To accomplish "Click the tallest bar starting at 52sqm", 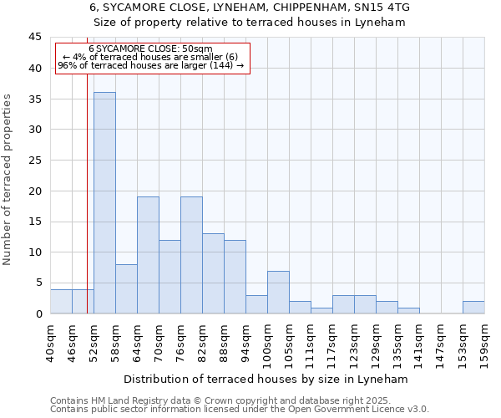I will pyautogui.click(x=104, y=202).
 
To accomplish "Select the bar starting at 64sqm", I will pyautogui.click(x=148, y=255).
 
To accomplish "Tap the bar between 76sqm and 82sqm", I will pyautogui.click(x=191, y=255).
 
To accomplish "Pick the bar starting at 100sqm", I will pyautogui.click(x=278, y=292).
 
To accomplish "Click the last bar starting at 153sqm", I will pyautogui.click(x=473, y=307).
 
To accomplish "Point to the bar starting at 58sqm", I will pyautogui.click(x=126, y=288).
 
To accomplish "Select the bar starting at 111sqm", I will pyautogui.click(x=321, y=310).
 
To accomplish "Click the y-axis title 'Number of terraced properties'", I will pyautogui.click(x=8, y=180).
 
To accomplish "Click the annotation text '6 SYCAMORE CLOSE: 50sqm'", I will pyautogui.click(x=150, y=49).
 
